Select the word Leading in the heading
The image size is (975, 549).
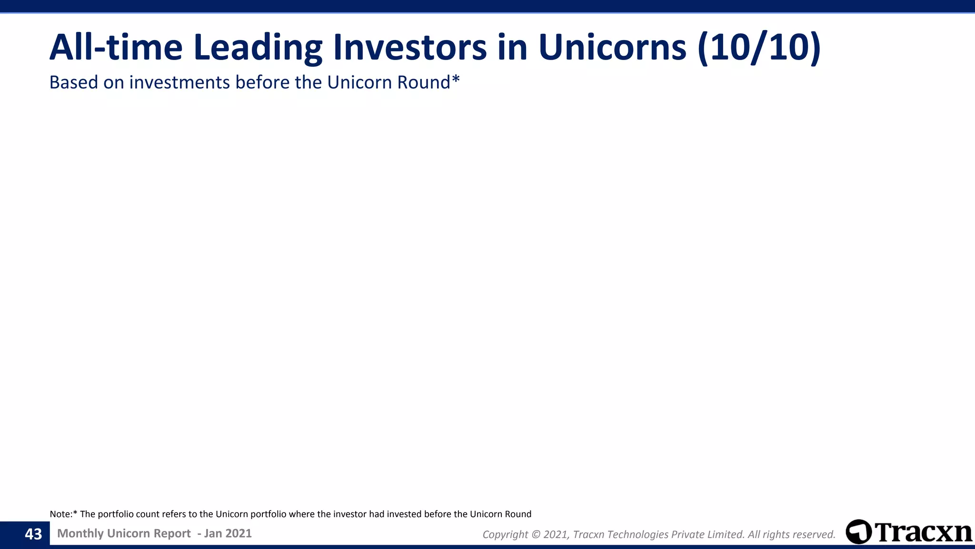click(258, 48)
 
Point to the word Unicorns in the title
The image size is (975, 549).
click(612, 48)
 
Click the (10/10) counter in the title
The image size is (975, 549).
click(759, 48)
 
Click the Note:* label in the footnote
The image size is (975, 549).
click(63, 514)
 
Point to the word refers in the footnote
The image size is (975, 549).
click(174, 514)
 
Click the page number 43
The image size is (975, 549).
click(33, 534)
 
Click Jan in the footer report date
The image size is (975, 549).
click(213, 533)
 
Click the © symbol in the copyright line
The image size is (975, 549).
click(535, 535)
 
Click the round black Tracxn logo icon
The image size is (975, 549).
click(859, 532)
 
